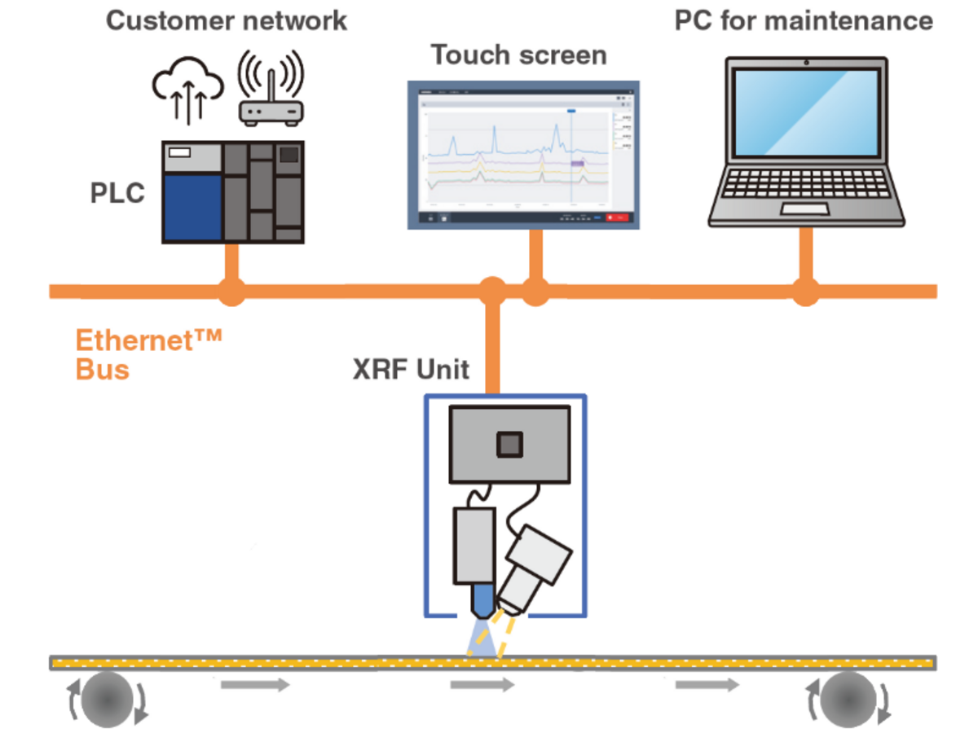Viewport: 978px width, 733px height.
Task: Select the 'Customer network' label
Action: (x=227, y=20)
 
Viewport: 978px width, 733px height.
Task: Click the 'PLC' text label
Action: (x=117, y=194)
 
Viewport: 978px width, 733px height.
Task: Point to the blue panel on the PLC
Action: (x=192, y=207)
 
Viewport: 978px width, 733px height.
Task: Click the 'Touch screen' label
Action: (x=518, y=55)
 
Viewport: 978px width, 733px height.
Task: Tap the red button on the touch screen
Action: (x=619, y=217)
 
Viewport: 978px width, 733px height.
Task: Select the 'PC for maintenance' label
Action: (x=804, y=20)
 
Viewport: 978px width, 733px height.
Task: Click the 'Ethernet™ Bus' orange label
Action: (x=148, y=354)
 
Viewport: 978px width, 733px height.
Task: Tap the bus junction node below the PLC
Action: (x=232, y=292)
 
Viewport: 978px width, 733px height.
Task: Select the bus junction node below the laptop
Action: (x=805, y=292)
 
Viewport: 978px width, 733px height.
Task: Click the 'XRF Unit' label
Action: (x=411, y=370)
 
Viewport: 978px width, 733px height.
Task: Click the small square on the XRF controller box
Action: (x=510, y=444)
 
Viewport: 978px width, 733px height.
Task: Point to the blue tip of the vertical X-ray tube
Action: (x=483, y=600)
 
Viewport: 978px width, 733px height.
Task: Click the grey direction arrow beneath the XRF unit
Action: (x=482, y=685)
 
